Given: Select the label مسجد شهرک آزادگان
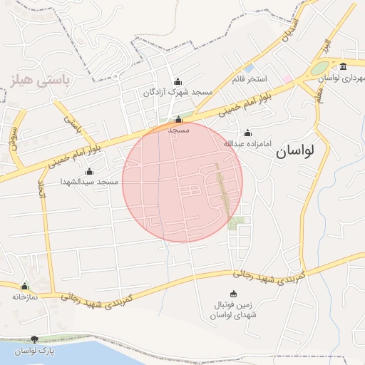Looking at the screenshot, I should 178,92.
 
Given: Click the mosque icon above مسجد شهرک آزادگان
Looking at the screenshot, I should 178,81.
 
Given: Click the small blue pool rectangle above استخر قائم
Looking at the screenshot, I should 250,68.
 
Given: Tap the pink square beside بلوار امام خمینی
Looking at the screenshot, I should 287,78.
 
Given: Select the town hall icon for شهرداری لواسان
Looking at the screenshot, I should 343,67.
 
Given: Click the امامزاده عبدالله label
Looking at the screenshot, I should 248,143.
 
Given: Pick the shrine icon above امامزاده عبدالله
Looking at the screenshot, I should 247,133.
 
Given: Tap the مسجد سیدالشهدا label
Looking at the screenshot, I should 88,182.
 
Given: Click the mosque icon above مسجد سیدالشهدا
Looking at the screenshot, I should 89,171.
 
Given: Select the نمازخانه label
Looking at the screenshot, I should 24,296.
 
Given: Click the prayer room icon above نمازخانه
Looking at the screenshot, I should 24,286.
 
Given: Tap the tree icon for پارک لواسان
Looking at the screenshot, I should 35,341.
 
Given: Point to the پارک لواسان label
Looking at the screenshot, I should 35,351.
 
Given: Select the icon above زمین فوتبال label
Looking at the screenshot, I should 234,294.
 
